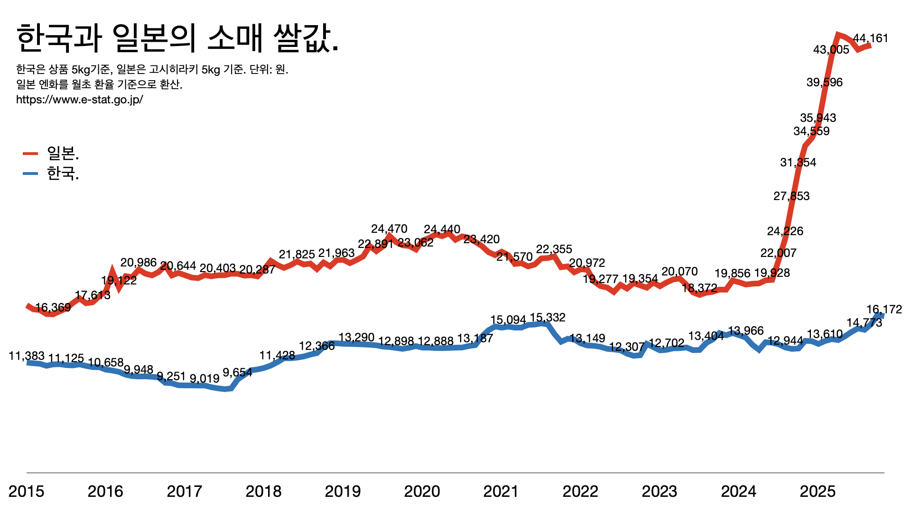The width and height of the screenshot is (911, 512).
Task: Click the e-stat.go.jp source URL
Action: (80, 100)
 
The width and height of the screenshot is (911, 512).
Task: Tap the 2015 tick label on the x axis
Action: (27, 492)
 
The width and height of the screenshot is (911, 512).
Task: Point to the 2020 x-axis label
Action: (422, 492)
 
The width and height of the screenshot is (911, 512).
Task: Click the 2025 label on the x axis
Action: (818, 492)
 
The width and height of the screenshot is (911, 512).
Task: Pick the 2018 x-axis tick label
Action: (263, 492)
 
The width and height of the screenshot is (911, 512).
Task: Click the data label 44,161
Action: (870, 38)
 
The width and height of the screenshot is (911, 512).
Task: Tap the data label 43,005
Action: (831, 50)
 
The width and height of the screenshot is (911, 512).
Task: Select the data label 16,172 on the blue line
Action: (884, 310)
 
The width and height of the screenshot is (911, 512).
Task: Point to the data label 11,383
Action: (27, 356)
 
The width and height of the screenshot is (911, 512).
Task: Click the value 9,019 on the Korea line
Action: (205, 379)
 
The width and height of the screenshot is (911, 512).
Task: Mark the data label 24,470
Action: (389, 229)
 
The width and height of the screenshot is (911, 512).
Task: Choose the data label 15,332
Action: (548, 318)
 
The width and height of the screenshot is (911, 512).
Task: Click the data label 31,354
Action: (798, 163)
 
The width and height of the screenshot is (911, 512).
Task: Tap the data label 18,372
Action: (699, 288)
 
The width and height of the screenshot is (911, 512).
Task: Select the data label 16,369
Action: (53, 308)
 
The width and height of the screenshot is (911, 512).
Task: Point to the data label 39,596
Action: (825, 82)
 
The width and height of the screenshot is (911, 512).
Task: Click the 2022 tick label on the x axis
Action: (580, 492)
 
